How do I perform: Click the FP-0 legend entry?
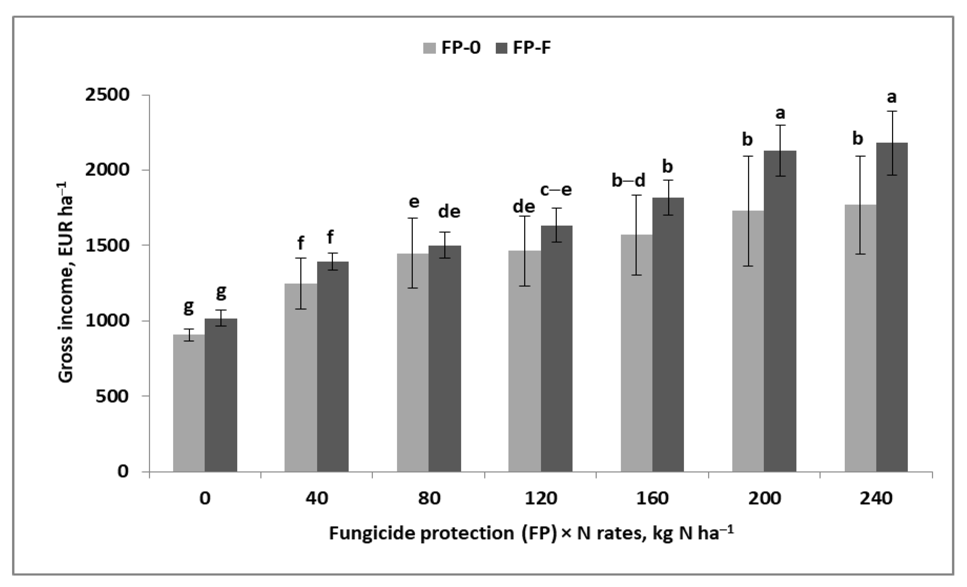click(451, 48)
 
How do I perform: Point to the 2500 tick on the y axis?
click(107, 95)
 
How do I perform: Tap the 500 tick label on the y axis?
click(112, 396)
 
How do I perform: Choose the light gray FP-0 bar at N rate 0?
click(189, 404)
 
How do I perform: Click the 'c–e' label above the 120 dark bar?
click(556, 190)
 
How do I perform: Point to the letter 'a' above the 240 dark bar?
click(892, 97)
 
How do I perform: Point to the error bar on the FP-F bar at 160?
click(668, 197)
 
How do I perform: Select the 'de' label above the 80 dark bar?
click(449, 212)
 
